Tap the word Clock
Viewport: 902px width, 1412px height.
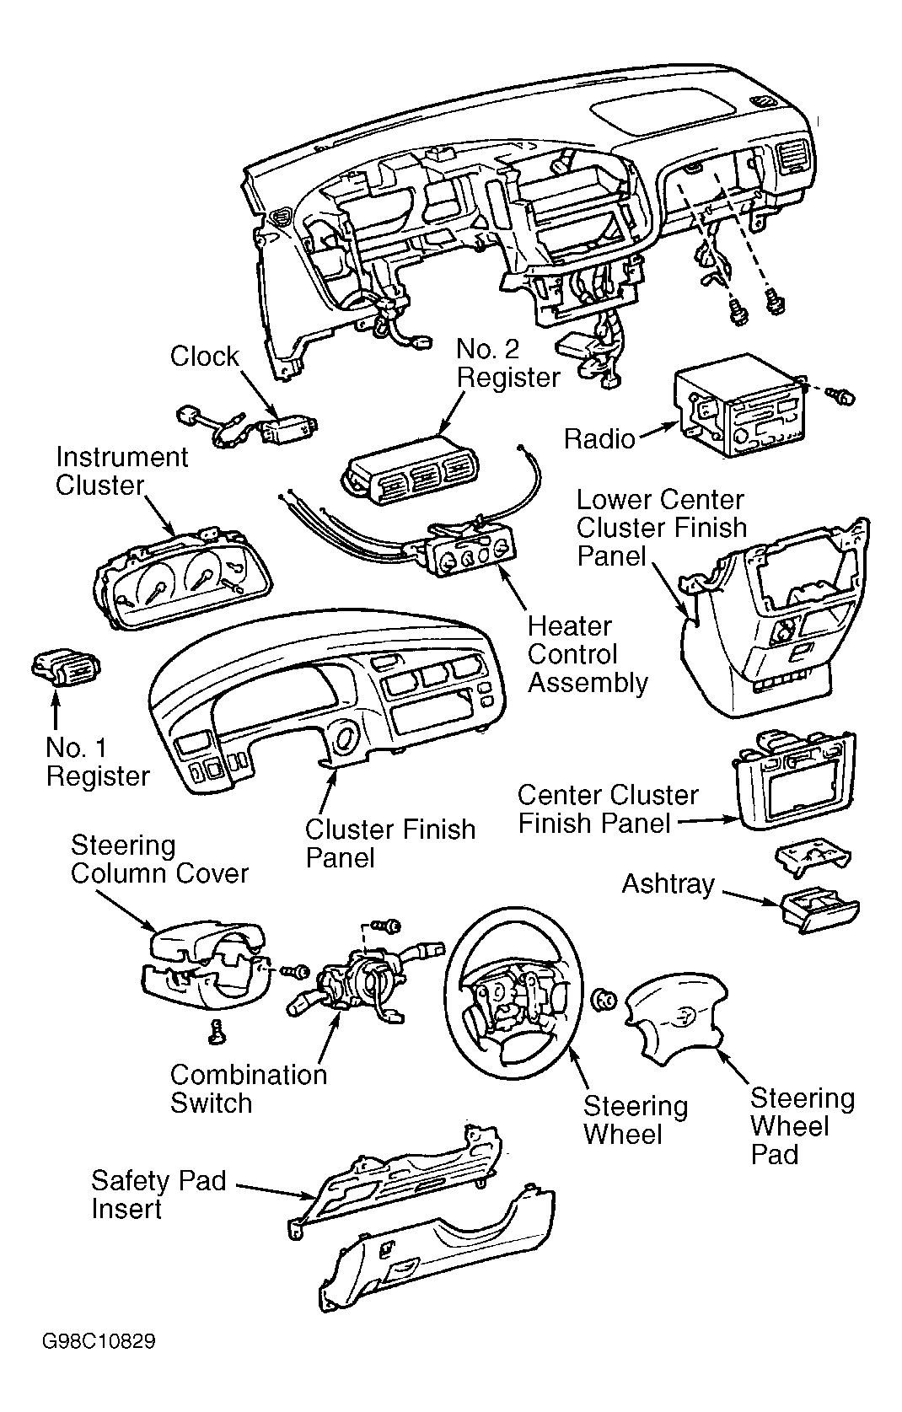tap(204, 357)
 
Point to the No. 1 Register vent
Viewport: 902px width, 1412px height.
tap(67, 669)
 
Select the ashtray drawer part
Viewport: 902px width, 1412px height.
tap(819, 911)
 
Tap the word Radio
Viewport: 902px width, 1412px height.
tap(599, 439)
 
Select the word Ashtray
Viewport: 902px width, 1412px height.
tap(668, 884)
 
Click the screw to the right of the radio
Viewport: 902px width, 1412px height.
tap(842, 396)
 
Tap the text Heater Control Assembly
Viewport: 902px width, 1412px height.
tap(588, 655)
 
